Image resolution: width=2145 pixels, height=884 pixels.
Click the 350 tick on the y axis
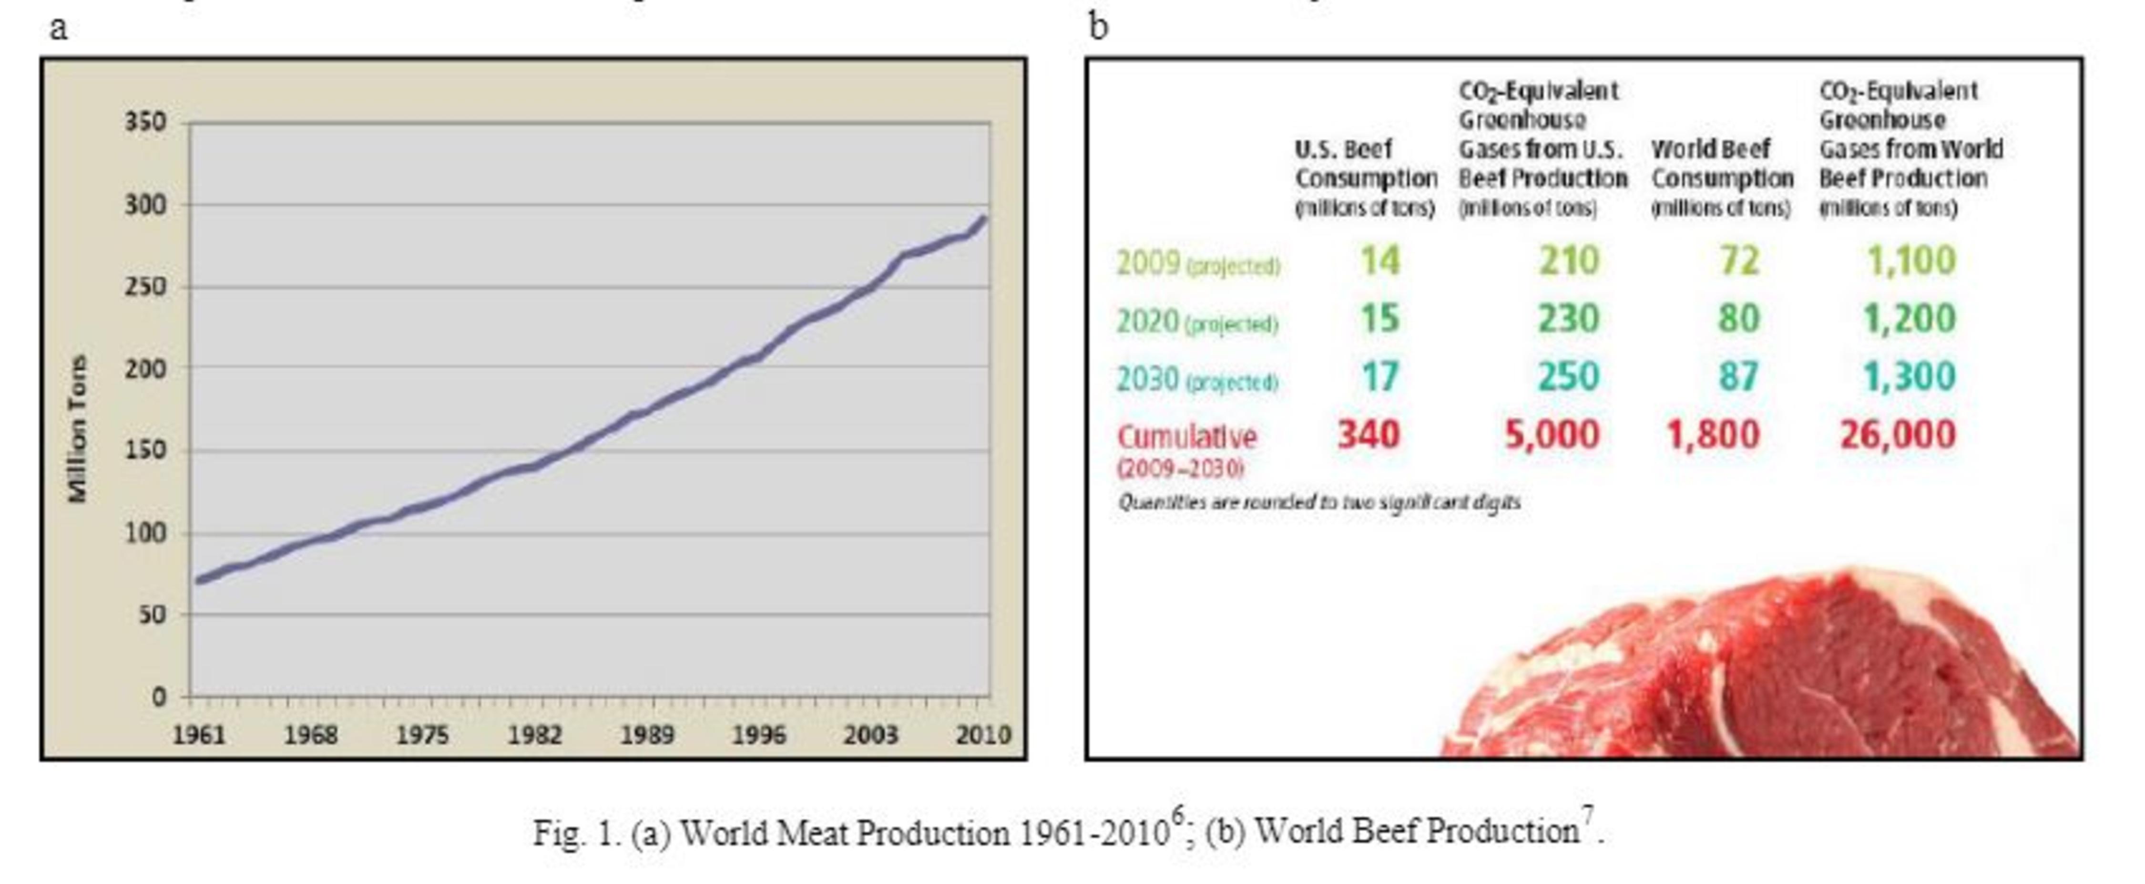146,123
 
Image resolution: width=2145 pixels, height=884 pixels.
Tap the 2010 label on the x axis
982,735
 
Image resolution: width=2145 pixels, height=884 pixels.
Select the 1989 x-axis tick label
647,735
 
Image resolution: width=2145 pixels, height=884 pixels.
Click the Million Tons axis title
77,428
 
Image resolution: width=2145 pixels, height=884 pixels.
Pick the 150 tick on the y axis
146,451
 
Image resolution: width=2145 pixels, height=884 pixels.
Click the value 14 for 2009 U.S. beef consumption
1380,261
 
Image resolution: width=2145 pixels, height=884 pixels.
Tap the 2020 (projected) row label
1196,321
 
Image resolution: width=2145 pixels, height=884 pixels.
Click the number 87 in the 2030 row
1739,376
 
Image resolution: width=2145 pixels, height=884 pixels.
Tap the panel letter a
58,28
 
